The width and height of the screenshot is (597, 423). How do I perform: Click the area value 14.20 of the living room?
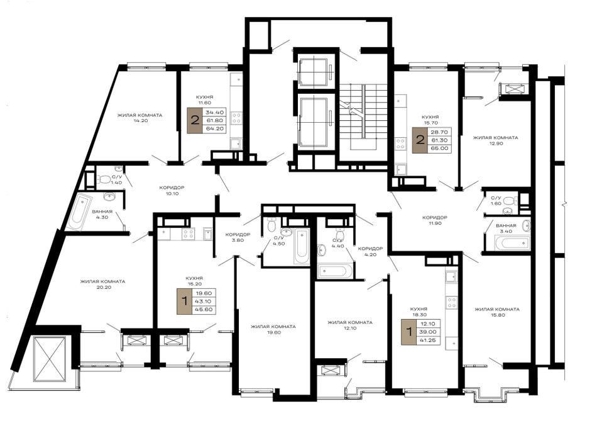[140, 120]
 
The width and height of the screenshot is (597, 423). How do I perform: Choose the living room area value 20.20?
[103, 287]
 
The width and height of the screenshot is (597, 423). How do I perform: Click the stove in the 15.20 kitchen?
[188, 234]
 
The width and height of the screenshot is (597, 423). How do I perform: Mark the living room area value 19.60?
[273, 332]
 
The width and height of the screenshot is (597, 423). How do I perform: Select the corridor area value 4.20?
[370, 254]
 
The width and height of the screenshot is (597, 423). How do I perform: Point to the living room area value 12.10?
[349, 329]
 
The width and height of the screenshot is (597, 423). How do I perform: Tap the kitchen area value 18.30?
[419, 315]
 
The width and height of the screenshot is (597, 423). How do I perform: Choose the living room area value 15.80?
[497, 315]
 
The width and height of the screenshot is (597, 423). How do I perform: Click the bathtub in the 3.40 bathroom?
[512, 242]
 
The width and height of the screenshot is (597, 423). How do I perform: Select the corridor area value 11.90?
[434, 223]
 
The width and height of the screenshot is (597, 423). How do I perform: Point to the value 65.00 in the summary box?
[440, 148]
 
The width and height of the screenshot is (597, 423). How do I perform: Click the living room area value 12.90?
[495, 144]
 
